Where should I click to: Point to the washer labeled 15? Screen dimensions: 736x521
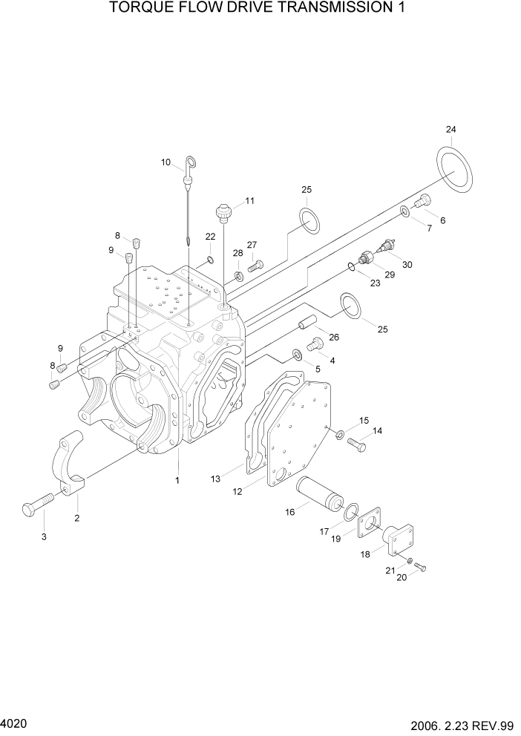click(338, 434)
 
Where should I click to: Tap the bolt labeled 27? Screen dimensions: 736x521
click(255, 264)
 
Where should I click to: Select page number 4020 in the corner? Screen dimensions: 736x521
click(13, 720)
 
